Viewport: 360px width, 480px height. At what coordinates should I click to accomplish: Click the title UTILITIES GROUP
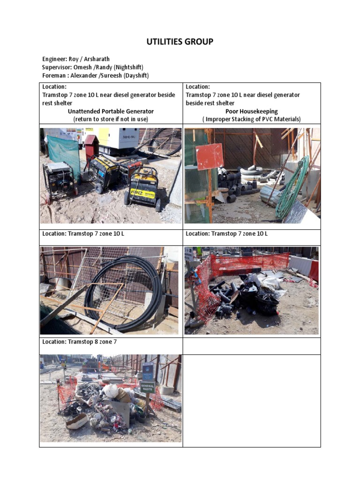[x=180, y=42]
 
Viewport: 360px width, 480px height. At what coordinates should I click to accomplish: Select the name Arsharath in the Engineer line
[x=97, y=59]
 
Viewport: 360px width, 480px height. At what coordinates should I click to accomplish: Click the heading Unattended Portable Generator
[x=111, y=112]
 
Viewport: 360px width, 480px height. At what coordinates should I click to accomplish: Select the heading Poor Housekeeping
[x=252, y=112]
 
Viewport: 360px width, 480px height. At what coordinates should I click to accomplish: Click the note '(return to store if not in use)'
[x=111, y=120]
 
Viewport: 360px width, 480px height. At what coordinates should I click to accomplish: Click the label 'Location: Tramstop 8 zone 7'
[x=80, y=342]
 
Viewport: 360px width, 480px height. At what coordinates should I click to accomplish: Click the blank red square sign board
[x=209, y=156]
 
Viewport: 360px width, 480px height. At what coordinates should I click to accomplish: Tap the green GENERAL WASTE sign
[x=147, y=387]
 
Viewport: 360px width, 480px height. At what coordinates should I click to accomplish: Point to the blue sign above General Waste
[x=148, y=371]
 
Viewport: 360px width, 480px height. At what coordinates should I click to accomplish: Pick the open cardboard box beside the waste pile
[x=120, y=409]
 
